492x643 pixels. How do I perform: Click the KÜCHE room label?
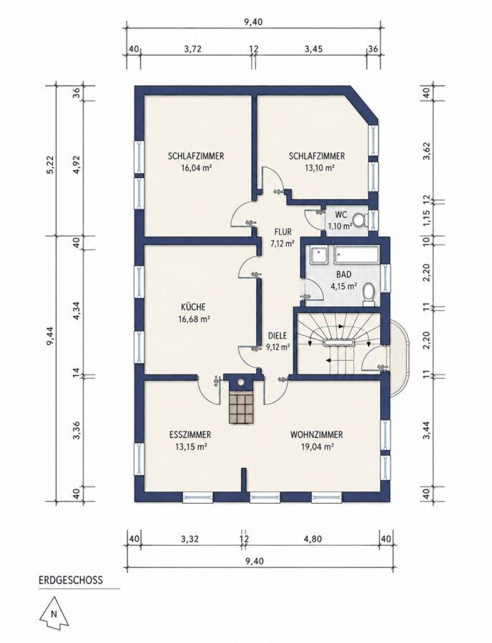coord(193,307)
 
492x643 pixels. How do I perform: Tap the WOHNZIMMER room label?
coord(316,434)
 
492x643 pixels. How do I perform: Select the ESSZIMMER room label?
coord(190,434)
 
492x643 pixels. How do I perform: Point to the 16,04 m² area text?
coord(196,167)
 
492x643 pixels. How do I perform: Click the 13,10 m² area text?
coord(317,167)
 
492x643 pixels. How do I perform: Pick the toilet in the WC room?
coord(360,219)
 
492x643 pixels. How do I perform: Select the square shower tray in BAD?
coord(319,255)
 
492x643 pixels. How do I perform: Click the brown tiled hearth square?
coord(243,407)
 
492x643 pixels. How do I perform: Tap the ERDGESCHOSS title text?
coord(71,580)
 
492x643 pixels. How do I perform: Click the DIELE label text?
coord(277,335)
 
